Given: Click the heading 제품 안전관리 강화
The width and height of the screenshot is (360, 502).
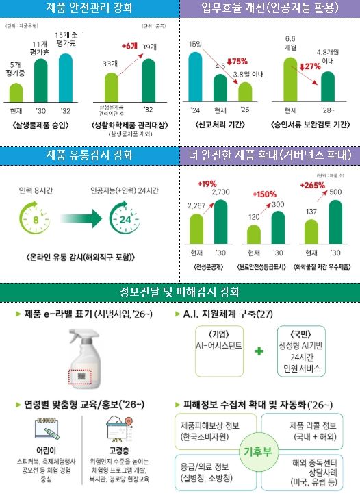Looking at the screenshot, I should coord(90,9).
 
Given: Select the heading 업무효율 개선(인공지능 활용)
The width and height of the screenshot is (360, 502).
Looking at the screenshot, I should coord(269,9).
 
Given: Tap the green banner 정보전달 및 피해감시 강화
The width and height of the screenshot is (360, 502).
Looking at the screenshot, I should coord(180,292).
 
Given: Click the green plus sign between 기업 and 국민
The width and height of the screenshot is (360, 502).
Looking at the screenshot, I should coord(259,351).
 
